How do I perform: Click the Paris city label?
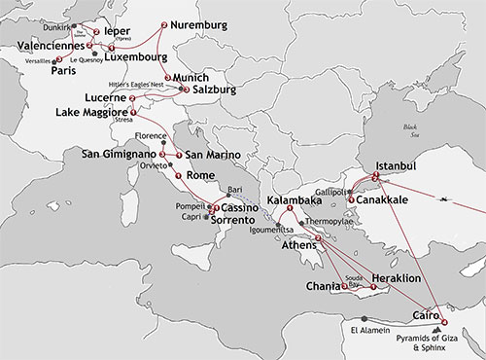64,70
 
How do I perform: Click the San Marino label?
209,156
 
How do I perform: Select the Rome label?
200,175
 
